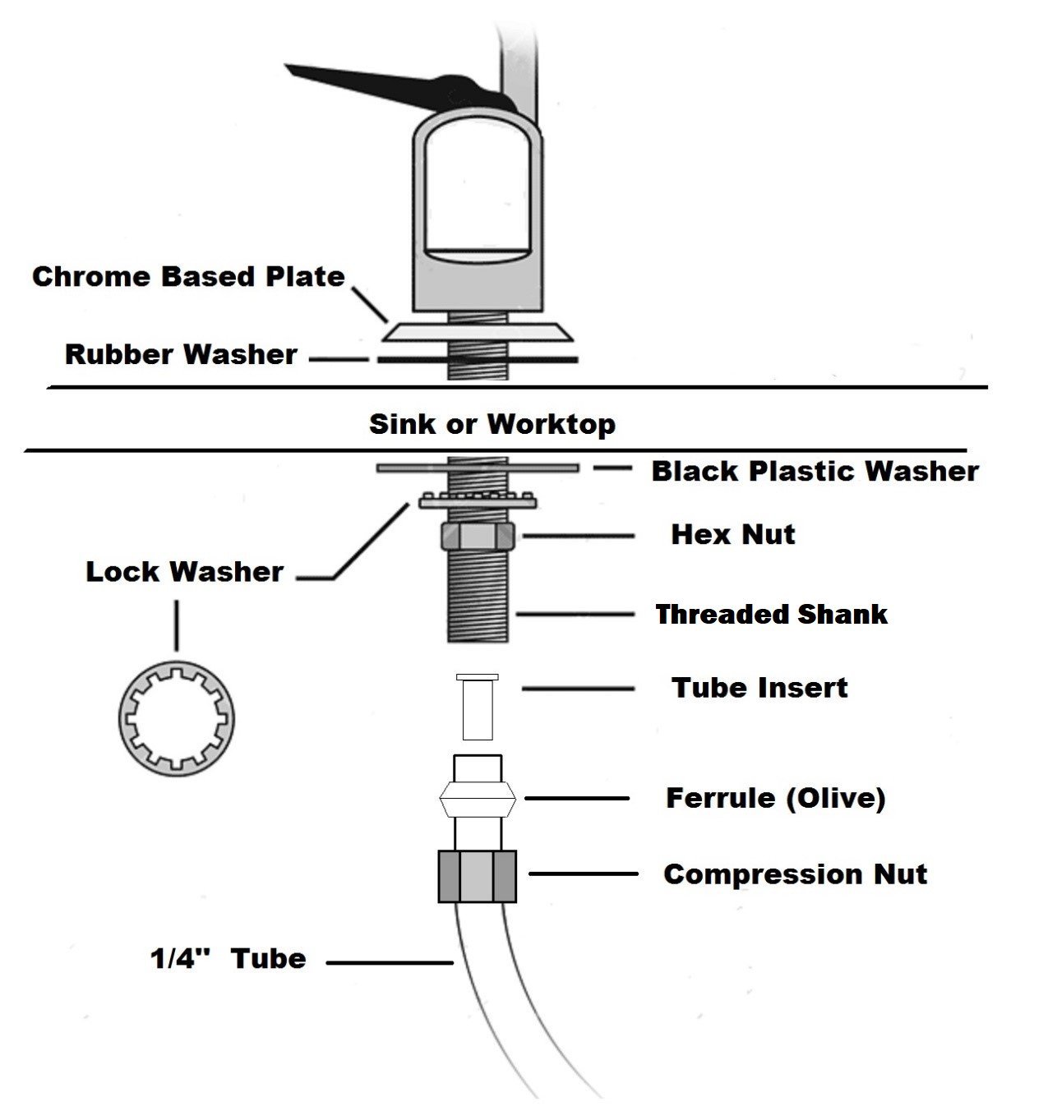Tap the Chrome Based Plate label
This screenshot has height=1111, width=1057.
[188, 277]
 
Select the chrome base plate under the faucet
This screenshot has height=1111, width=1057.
[477, 332]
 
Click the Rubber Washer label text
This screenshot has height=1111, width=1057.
[181, 355]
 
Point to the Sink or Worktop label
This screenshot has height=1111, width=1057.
[492, 424]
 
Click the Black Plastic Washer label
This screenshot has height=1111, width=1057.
[815, 472]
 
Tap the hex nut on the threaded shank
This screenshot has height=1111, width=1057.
[477, 536]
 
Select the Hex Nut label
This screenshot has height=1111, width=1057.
[733, 535]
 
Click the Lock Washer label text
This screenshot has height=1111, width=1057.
[184, 572]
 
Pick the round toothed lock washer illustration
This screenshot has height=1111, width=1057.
[177, 719]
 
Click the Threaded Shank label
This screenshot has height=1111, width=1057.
[772, 615]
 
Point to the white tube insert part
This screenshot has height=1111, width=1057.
[477, 707]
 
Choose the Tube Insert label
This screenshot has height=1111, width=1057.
[759, 689]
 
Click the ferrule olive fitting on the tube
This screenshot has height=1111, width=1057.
[477, 799]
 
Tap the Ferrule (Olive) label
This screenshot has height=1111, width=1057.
[776, 799]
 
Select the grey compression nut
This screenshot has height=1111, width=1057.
[477, 876]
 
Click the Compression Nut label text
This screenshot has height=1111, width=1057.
[796, 874]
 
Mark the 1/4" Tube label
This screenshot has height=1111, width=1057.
[228, 959]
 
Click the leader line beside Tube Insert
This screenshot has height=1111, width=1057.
[578, 689]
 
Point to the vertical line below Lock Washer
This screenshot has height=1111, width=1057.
[177, 625]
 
